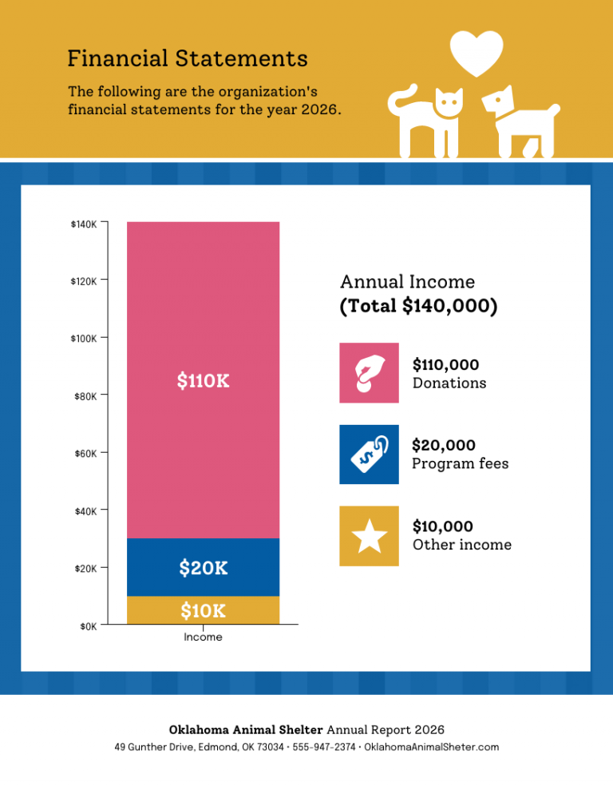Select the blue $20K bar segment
coord(203,568)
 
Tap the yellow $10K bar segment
coord(203,611)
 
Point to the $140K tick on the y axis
coord(84,224)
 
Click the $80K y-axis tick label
coord(84,396)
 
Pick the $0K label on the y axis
coord(88,626)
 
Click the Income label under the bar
coord(203,637)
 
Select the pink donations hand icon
coord(369,373)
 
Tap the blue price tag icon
coord(369,455)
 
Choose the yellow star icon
coord(369,536)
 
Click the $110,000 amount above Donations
coord(445,365)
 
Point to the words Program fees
coord(460,464)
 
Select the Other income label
coord(461,545)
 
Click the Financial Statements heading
coord(188,58)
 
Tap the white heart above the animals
coord(477,51)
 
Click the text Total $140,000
coord(419,307)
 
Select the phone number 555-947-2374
coord(324,747)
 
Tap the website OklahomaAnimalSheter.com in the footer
coord(431,747)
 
